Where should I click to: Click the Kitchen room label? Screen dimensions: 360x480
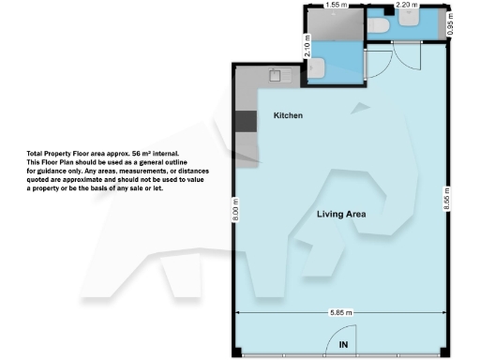click(x=287, y=115)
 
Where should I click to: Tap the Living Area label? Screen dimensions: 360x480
click(x=340, y=215)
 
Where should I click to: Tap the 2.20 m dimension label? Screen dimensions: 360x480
click(x=406, y=5)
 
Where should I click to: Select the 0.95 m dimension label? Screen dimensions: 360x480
click(x=450, y=28)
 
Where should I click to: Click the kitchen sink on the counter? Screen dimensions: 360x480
click(x=277, y=74)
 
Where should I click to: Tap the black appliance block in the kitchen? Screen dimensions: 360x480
click(x=245, y=121)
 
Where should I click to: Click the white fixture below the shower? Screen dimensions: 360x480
click(x=318, y=68)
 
